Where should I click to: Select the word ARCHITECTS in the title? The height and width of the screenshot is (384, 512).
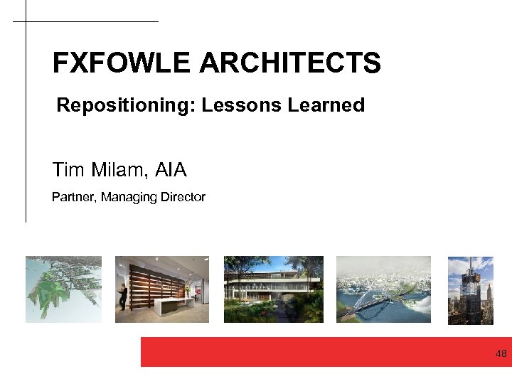coord(290,63)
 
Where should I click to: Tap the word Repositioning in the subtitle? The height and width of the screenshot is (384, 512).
coord(126,105)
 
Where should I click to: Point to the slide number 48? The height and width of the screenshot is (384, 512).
coord(501,353)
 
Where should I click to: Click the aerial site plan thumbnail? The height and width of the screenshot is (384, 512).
coord(63,289)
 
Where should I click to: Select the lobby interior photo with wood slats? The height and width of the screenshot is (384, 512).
coord(162,289)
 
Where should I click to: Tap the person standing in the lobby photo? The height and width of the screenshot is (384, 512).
coord(123,297)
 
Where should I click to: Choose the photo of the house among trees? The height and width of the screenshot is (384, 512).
coord(273,289)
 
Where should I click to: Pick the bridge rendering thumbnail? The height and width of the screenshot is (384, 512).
coord(383,289)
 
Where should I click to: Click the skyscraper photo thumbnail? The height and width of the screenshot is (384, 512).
coord(470,289)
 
